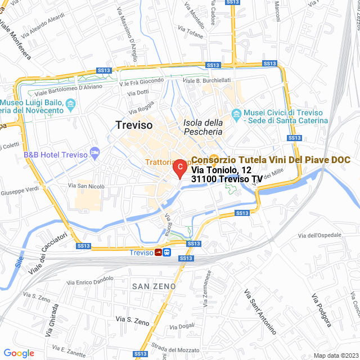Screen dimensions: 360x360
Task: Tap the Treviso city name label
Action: pyautogui.click(x=133, y=125)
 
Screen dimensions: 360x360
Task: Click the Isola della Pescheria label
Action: pyautogui.click(x=203, y=127)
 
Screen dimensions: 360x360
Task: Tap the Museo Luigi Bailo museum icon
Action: pyautogui.click(x=70, y=104)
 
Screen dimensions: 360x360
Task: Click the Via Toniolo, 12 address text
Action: pyautogui.click(x=221, y=170)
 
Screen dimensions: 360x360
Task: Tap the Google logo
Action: pyautogui.click(x=18, y=353)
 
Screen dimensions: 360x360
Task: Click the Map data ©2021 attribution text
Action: pyautogui.click(x=336, y=355)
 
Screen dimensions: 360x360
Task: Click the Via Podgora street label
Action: pyautogui.click(x=321, y=309)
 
